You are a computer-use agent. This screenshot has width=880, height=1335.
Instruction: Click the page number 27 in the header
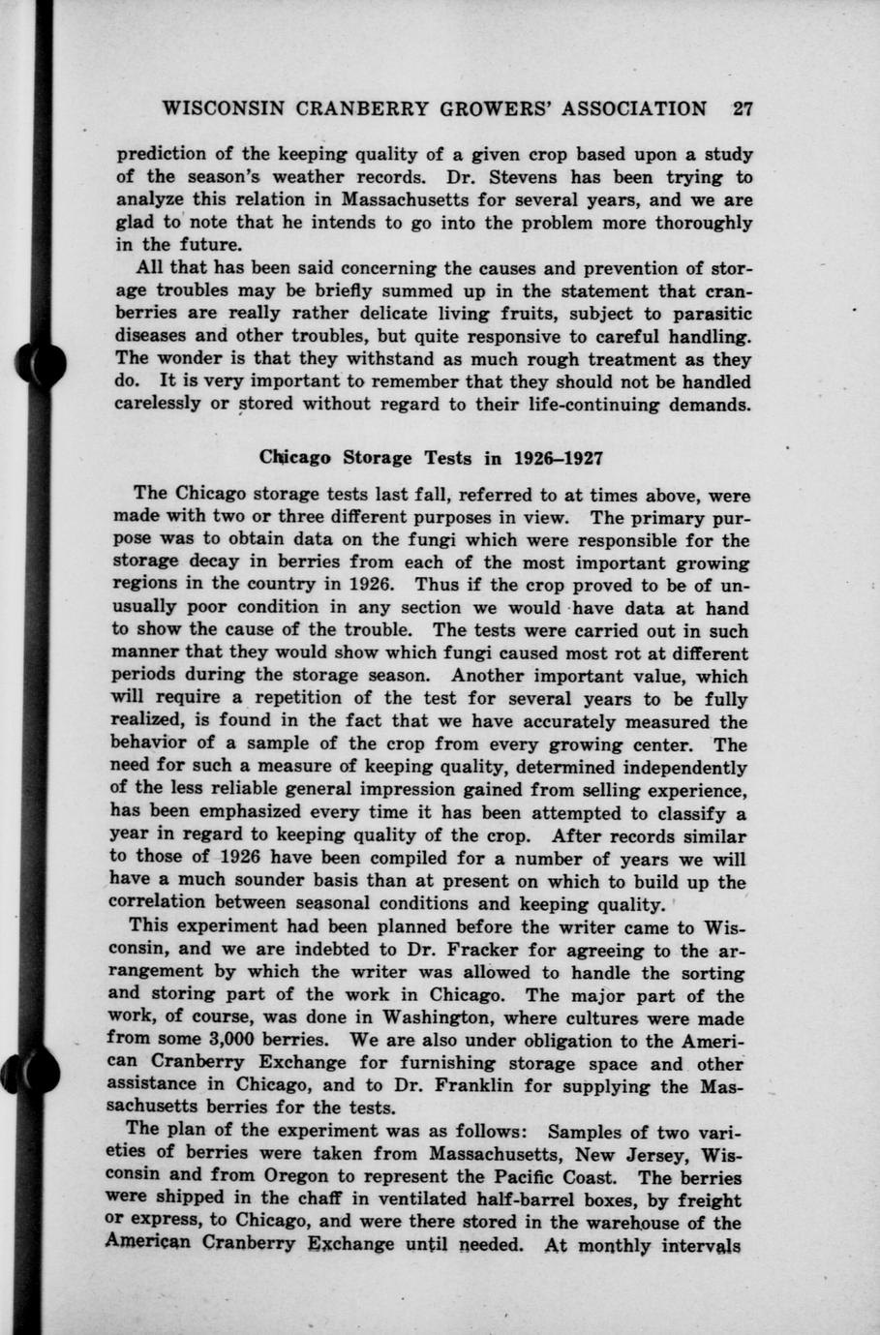pyautogui.click(x=743, y=108)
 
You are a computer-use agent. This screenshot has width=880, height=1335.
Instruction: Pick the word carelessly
pyautogui.click(x=160, y=405)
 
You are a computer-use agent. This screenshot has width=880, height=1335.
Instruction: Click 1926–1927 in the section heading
pyautogui.click(x=562, y=457)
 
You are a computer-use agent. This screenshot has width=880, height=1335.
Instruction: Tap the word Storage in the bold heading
pyautogui.click(x=378, y=457)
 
